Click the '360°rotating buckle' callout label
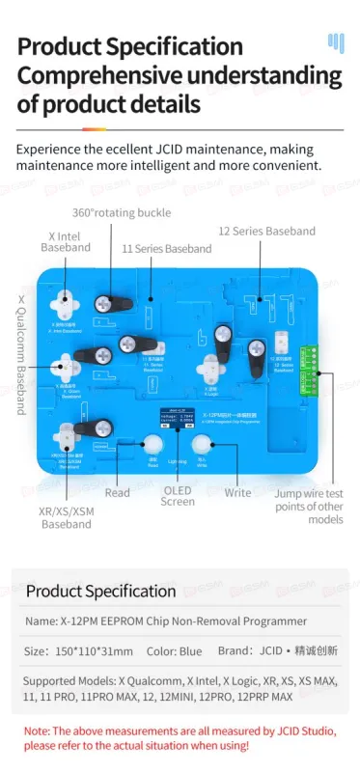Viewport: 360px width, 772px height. pyautogui.click(x=121, y=212)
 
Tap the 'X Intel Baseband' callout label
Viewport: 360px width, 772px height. pyautogui.click(x=65, y=241)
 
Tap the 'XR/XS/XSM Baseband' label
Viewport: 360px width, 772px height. pyautogui.click(x=65, y=516)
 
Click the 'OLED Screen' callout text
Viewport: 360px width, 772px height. pyautogui.click(x=178, y=494)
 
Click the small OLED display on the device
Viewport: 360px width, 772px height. pyautogui.click(x=177, y=420)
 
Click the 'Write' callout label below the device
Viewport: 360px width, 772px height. pyautogui.click(x=237, y=492)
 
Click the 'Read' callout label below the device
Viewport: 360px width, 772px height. pyautogui.click(x=117, y=492)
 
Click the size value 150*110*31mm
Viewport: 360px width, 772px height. pyautogui.click(x=93, y=651)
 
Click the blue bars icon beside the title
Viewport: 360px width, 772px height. pyautogui.click(x=335, y=42)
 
